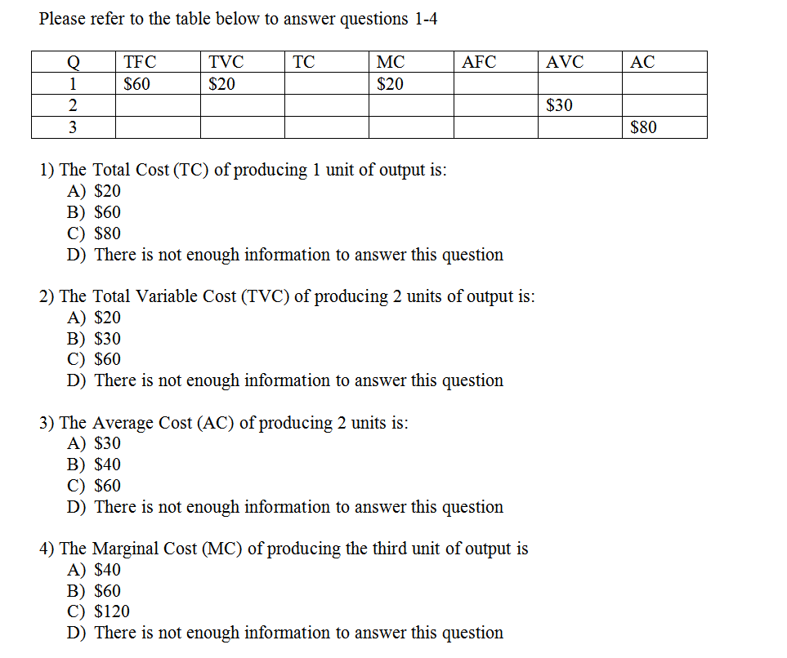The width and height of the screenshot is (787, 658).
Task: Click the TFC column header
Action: pyautogui.click(x=140, y=62)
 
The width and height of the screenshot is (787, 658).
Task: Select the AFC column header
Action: pyautogui.click(x=479, y=62)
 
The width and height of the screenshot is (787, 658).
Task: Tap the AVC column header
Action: pyautogui.click(x=565, y=62)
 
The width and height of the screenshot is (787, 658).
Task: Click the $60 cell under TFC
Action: pyautogui.click(x=136, y=83)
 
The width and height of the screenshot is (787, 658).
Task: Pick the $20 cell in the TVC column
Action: pyautogui.click(x=222, y=83)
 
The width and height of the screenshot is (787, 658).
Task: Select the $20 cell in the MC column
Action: pyautogui.click(x=390, y=83)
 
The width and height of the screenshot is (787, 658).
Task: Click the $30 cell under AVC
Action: pyautogui.click(x=559, y=105)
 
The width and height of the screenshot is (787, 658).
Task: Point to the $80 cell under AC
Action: pyautogui.click(x=643, y=127)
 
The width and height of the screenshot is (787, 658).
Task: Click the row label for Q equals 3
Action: pyautogui.click(x=73, y=127)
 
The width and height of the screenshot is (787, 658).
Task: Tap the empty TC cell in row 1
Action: pyautogui.click(x=326, y=83)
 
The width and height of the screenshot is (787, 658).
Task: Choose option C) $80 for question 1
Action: pyautogui.click(x=94, y=233)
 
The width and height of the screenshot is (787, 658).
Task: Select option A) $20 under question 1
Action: pyautogui.click(x=94, y=191)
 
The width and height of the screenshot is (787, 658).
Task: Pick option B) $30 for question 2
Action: pyautogui.click(x=94, y=338)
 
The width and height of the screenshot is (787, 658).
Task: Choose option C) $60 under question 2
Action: pyautogui.click(x=94, y=359)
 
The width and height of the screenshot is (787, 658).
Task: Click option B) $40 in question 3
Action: pyautogui.click(x=94, y=465)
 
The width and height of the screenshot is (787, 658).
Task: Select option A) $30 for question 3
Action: pyautogui.click(x=94, y=443)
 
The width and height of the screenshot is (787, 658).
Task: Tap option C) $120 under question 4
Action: pyautogui.click(x=98, y=611)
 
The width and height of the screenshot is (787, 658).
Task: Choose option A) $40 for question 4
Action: pyautogui.click(x=94, y=570)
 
